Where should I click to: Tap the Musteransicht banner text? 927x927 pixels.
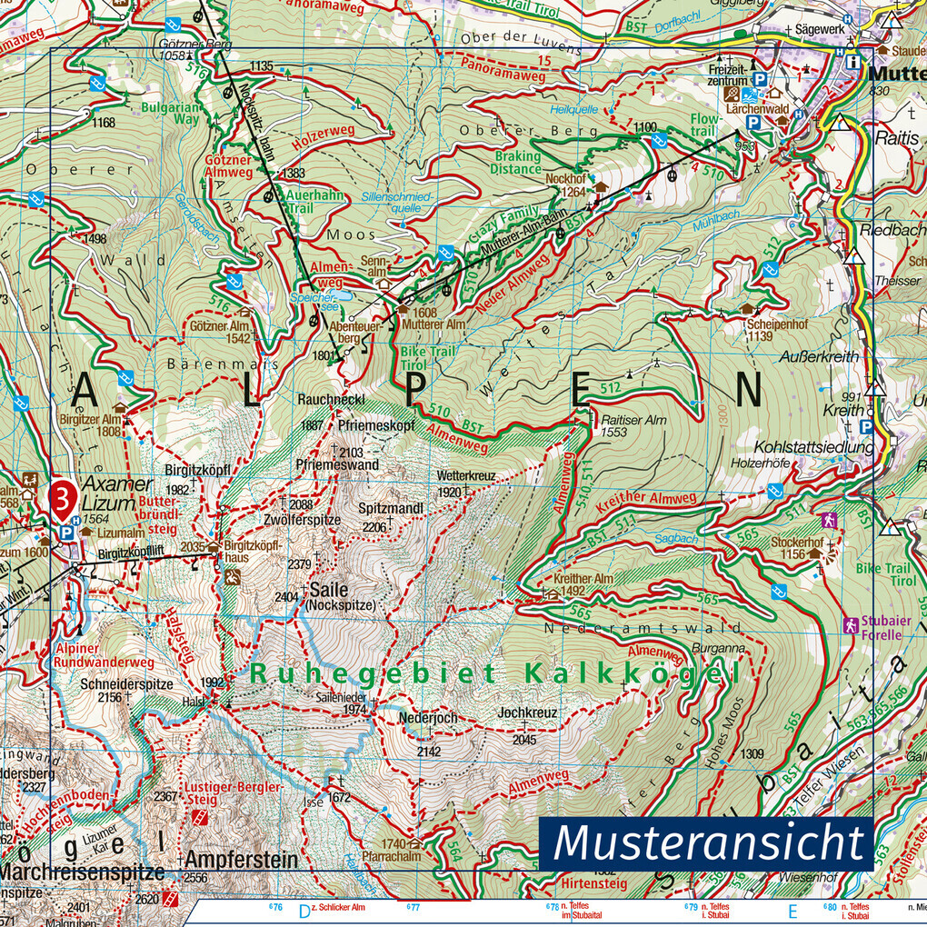click(707, 842)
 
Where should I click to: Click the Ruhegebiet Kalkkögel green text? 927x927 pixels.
click(492, 673)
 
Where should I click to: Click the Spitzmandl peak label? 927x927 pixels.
click(390, 509)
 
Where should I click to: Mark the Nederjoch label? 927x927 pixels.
click(427, 717)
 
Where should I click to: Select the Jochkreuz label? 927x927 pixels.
click(527, 713)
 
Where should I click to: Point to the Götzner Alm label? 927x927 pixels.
click(220, 326)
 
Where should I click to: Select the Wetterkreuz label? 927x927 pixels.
click(466, 475)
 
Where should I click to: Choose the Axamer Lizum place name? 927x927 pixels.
click(106, 494)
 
